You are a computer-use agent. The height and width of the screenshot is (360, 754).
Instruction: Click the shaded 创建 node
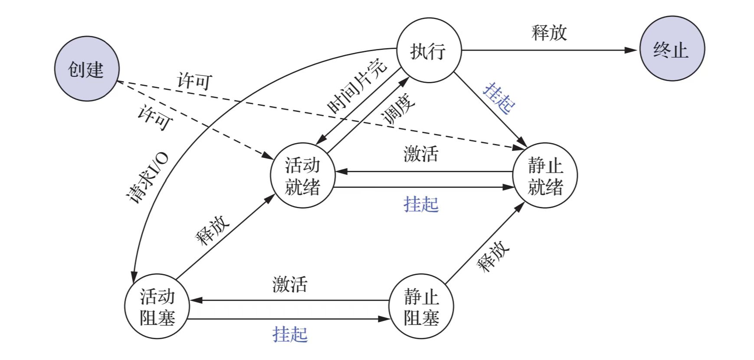86,69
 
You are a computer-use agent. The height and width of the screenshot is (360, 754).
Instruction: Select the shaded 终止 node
672,49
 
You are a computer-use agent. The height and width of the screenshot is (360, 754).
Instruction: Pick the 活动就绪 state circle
302,176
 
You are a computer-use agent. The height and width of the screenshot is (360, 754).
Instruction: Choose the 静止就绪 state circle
545,176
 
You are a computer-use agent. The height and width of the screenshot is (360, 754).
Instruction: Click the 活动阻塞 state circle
157,307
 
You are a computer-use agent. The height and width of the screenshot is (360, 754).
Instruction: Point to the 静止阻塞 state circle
421,307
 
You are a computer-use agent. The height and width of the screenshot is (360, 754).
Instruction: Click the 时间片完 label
357,86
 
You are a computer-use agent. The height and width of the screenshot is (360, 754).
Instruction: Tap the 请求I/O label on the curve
147,178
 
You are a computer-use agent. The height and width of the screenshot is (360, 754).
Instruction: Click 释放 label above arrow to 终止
549,33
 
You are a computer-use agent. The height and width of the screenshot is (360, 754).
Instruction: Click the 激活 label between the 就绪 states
421,154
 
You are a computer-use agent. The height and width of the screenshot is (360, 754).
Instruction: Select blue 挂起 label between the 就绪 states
421,204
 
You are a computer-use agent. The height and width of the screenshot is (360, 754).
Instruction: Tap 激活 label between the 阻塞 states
290,285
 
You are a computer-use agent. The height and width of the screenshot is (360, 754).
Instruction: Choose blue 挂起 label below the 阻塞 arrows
290,334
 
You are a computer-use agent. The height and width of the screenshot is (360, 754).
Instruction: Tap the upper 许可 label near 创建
195,81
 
